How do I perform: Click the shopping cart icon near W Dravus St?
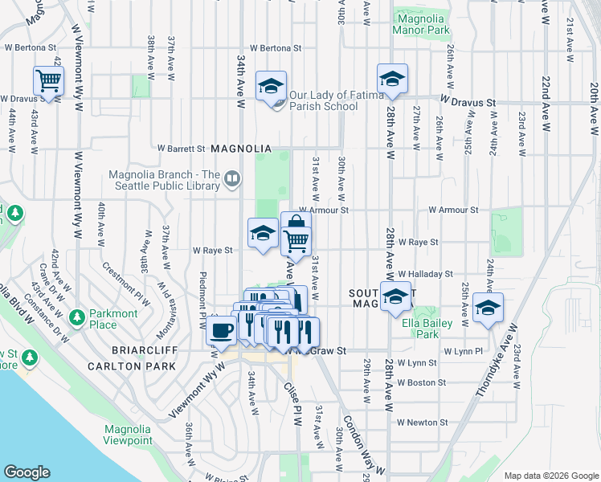pos(48,81)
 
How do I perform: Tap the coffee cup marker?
pos(221,329)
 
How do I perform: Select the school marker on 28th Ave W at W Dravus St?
pos(392,79)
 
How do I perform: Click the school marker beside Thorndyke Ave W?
pos(488,308)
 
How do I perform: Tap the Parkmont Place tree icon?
pos(77,316)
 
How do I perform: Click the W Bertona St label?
pos(275,48)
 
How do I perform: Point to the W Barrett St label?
pos(182,149)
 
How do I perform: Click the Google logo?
pos(27,472)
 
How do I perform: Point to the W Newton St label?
pos(422,423)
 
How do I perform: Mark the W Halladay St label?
pos(425,274)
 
